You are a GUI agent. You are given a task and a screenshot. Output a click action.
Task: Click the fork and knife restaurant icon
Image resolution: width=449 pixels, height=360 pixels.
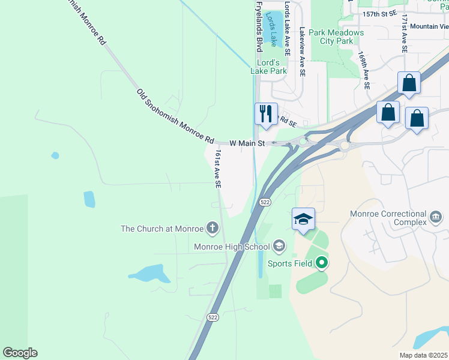click(x=266, y=114)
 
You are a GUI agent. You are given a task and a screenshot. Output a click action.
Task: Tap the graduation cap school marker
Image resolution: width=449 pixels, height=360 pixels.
click(x=303, y=219)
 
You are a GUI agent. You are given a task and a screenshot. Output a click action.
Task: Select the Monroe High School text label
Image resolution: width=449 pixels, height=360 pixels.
click(x=232, y=247)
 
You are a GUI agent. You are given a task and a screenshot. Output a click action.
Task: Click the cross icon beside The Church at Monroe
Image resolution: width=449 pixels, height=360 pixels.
click(x=212, y=228)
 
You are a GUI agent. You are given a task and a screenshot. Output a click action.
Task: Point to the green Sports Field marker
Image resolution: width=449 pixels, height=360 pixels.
click(x=322, y=262)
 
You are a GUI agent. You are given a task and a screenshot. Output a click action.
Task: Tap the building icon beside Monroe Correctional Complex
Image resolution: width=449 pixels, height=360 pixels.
click(x=436, y=215)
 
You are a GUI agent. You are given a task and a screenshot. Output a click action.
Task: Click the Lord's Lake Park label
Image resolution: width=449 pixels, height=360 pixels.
click(x=268, y=67)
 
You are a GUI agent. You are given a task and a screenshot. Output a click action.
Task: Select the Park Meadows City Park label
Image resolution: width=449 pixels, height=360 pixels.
click(x=337, y=37)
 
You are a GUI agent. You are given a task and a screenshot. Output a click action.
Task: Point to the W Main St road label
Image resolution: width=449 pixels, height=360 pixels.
click(x=247, y=143)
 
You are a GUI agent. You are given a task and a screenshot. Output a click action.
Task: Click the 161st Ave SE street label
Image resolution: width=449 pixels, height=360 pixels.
click(x=218, y=170)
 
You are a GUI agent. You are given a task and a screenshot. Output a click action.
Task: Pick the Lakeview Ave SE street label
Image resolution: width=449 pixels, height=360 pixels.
click(x=302, y=51)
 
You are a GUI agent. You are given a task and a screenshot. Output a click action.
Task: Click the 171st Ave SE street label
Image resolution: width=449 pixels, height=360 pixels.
click(x=405, y=35)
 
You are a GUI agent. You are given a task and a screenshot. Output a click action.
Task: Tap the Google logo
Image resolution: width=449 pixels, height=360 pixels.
click(x=20, y=353)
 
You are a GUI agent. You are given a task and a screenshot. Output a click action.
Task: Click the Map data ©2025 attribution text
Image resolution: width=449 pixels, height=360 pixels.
click(x=423, y=355)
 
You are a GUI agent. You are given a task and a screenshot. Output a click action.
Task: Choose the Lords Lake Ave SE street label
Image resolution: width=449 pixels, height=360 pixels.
click(x=287, y=28)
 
